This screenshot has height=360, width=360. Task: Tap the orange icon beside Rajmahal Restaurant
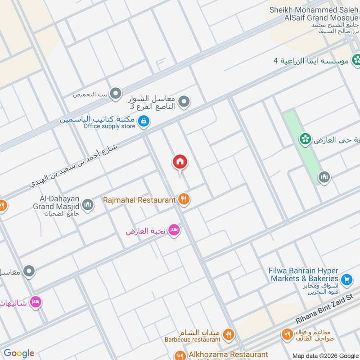(183, 198)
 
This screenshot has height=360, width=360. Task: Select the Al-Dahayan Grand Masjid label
(56, 205)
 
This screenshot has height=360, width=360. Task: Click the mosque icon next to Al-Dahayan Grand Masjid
(88, 205)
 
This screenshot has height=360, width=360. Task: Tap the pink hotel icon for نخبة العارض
(175, 230)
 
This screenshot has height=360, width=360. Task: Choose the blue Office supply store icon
(144, 121)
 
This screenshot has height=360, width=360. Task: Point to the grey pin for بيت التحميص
(116, 94)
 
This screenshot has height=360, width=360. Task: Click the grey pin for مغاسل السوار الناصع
(183, 103)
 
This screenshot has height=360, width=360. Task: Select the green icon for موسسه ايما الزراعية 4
(357, 59)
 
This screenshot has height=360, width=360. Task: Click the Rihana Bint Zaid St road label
(325, 308)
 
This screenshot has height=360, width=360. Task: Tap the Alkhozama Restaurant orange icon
(180, 355)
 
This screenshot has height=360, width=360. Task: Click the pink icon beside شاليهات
(36, 301)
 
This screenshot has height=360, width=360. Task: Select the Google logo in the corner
(19, 353)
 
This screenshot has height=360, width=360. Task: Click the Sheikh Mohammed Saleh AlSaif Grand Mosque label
(315, 13)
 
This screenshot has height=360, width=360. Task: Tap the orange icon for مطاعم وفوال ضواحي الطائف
(287, 334)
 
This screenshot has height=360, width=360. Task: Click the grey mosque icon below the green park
(324, 178)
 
